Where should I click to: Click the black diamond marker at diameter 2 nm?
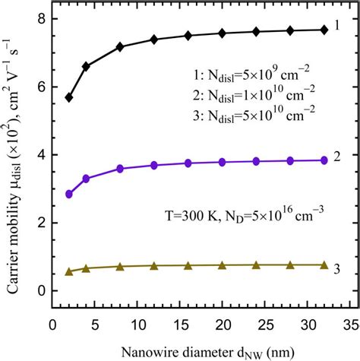pos(70,97)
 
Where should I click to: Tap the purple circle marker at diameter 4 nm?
pos(86,179)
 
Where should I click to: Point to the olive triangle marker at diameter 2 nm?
pos(70,271)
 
